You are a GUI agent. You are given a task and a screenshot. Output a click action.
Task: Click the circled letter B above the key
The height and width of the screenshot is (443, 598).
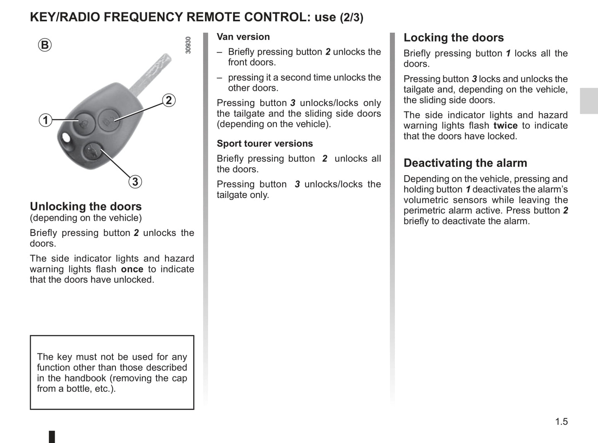[x=45, y=45]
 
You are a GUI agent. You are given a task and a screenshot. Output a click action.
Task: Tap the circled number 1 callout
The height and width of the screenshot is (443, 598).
[x=46, y=120]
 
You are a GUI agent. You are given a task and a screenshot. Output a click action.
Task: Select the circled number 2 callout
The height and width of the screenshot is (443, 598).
[x=168, y=100]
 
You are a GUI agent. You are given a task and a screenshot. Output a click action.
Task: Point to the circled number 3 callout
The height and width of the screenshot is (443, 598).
[x=135, y=182]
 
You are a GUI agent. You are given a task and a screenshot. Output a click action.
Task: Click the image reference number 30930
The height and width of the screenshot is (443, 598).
[x=188, y=45]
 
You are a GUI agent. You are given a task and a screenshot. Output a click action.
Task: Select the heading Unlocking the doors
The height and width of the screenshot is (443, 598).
[x=86, y=206]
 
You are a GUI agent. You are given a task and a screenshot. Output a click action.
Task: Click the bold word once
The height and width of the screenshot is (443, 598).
[x=132, y=269]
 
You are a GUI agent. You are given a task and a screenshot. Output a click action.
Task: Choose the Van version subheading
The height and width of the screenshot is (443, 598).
[x=243, y=37]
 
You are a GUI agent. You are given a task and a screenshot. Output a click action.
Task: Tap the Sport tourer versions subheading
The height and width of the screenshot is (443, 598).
[x=265, y=144]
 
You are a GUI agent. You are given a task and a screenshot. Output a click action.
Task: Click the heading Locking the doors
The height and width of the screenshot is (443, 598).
[x=454, y=38]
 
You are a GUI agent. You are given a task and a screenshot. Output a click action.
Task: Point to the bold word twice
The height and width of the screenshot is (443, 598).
[x=505, y=125]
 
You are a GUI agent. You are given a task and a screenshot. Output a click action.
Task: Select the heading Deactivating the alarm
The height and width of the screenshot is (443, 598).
[x=465, y=163]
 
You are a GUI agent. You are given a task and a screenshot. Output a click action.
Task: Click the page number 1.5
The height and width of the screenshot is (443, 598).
[x=561, y=421]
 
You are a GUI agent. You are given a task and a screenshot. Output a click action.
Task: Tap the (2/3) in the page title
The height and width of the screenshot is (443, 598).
[x=351, y=18]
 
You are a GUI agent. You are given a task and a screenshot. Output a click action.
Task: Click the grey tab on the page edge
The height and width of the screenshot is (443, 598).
[x=588, y=101]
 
